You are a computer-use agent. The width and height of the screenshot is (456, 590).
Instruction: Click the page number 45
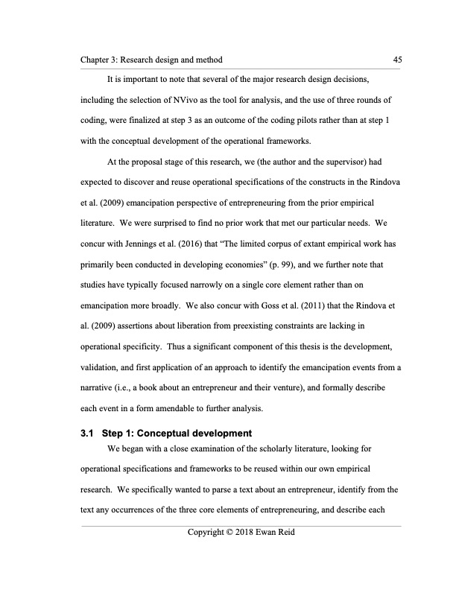click(x=396, y=59)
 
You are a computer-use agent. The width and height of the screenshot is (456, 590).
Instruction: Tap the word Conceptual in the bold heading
click(x=173, y=434)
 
